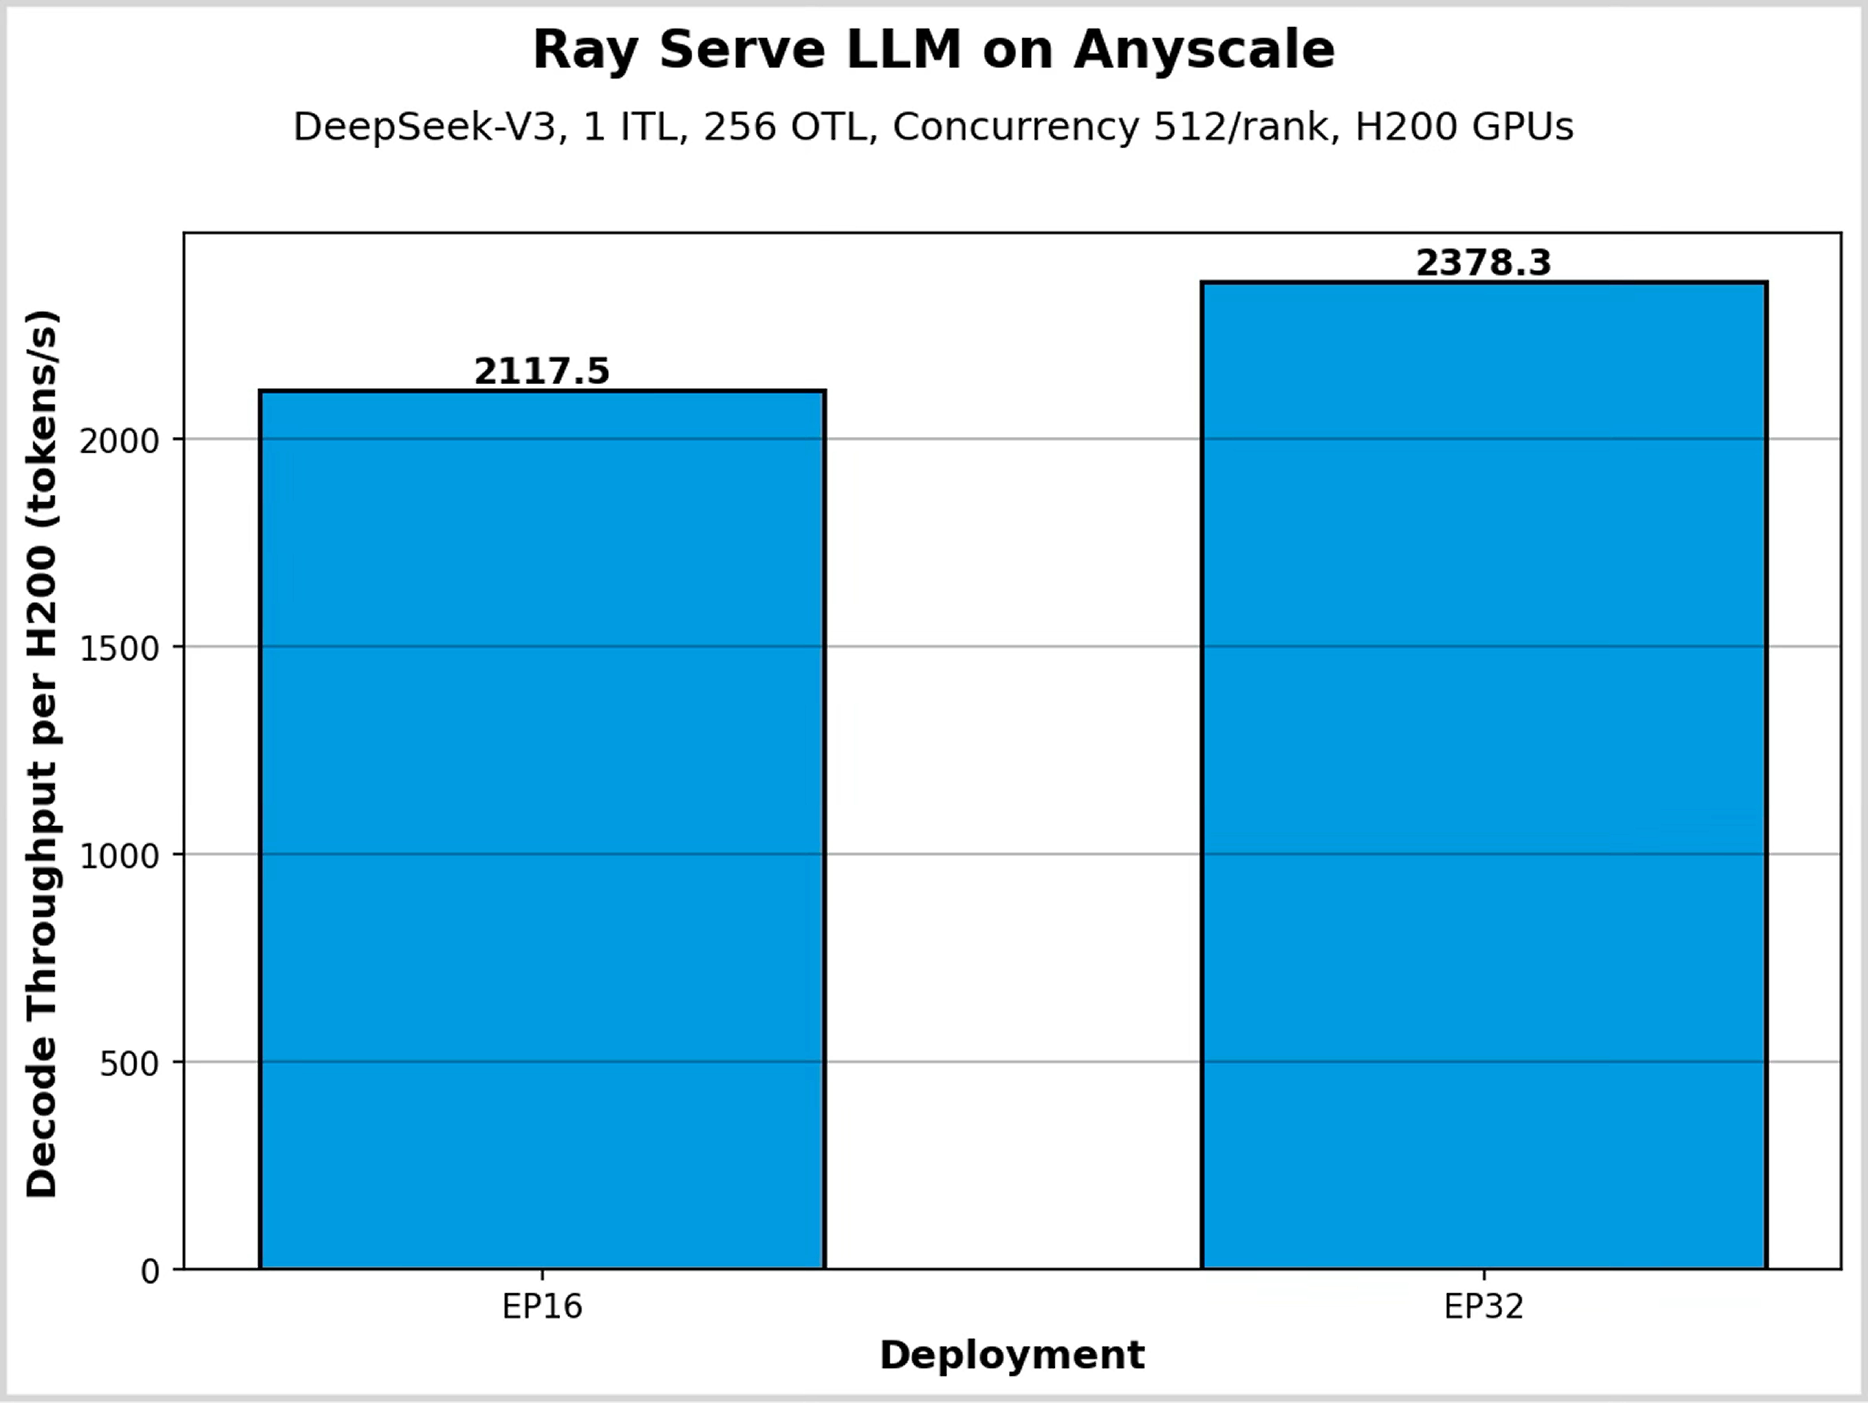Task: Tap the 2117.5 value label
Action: (x=541, y=372)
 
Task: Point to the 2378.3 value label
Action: (x=1484, y=263)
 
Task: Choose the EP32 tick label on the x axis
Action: (x=1484, y=1307)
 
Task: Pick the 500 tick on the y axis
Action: (x=129, y=1063)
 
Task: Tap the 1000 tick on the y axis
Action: (x=119, y=856)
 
